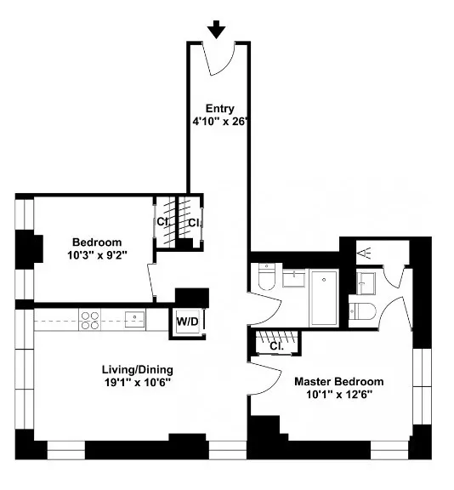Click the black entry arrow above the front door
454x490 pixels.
click(x=217, y=30)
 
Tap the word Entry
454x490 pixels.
click(x=218, y=108)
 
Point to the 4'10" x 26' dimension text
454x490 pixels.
click(x=218, y=122)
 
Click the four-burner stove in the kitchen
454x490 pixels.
click(x=90, y=319)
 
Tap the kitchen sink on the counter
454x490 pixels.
click(x=133, y=318)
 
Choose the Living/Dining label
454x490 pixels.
click(x=138, y=369)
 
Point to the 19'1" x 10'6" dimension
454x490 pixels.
click(x=138, y=383)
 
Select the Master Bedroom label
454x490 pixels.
click(x=338, y=382)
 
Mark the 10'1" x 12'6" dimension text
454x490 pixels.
click(x=338, y=395)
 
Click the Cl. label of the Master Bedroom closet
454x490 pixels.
click(x=276, y=346)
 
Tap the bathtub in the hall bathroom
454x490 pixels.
click(x=324, y=297)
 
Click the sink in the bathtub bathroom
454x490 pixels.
click(x=295, y=277)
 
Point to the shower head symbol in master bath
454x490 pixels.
click(x=364, y=253)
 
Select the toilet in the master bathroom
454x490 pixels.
click(x=363, y=311)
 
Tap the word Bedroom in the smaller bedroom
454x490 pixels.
click(x=96, y=242)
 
